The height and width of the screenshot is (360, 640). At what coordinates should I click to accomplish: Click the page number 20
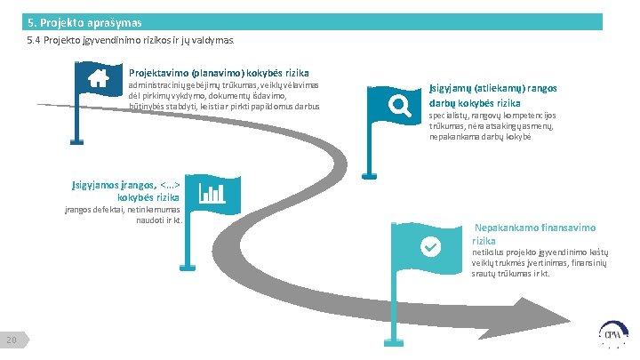(x=12, y=340)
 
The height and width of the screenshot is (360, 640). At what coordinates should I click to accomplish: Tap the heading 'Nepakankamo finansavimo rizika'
(x=534, y=234)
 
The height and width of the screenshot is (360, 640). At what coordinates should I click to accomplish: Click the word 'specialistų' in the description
(x=451, y=116)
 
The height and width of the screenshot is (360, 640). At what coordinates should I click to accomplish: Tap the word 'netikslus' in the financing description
(x=488, y=253)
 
